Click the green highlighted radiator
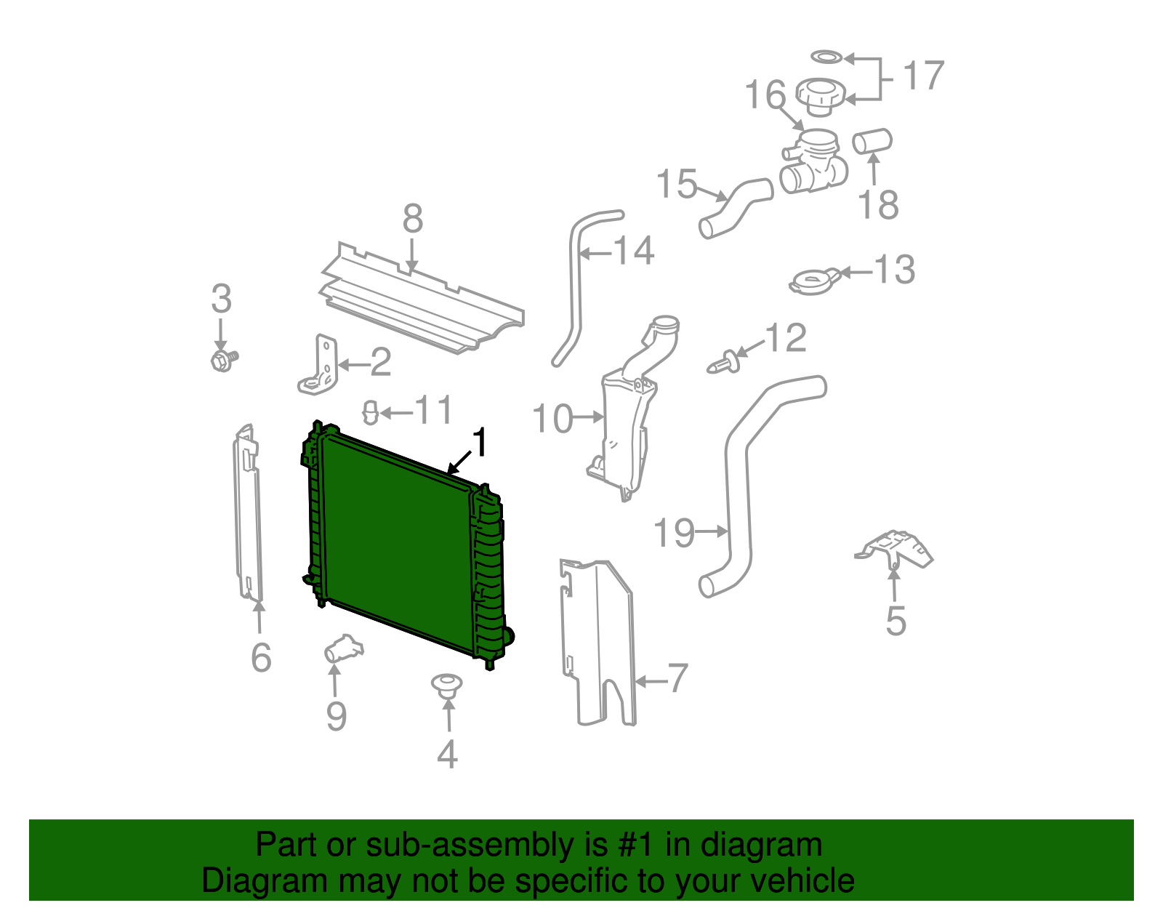pyautogui.click(x=396, y=542)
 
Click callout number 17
pyautogui.click(x=923, y=76)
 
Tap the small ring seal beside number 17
pyautogui.click(x=826, y=57)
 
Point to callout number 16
pyautogui.click(x=765, y=95)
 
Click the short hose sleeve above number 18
pyautogui.click(x=872, y=141)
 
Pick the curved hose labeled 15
pyautogui.click(x=734, y=208)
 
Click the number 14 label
pyautogui.click(x=635, y=252)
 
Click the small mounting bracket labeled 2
pyautogui.click(x=320, y=367)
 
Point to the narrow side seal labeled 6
pyautogui.click(x=246, y=516)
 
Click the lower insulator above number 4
pyautogui.click(x=447, y=685)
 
